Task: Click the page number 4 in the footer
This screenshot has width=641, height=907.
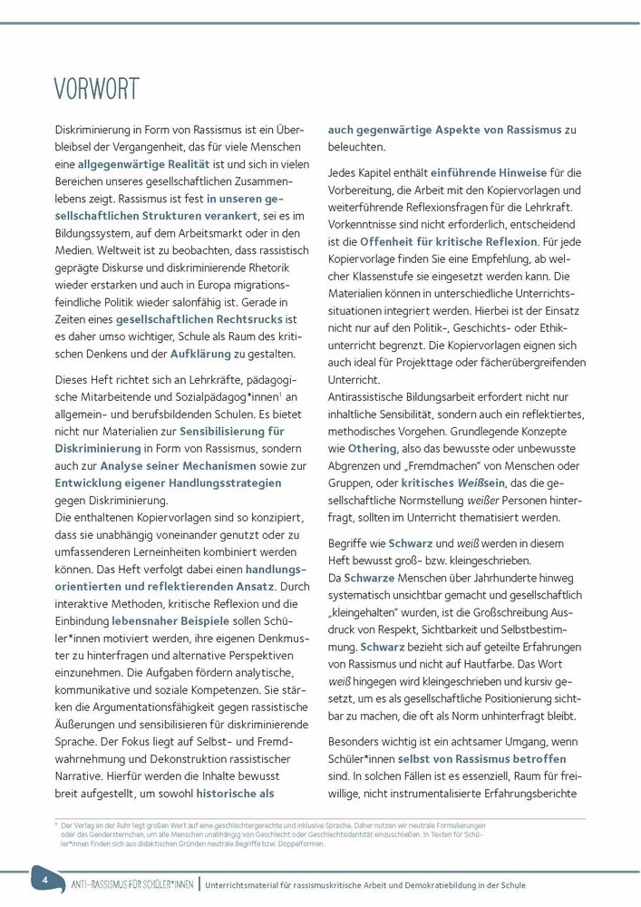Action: pos(43,879)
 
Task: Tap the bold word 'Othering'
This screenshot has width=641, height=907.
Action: pos(372,448)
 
